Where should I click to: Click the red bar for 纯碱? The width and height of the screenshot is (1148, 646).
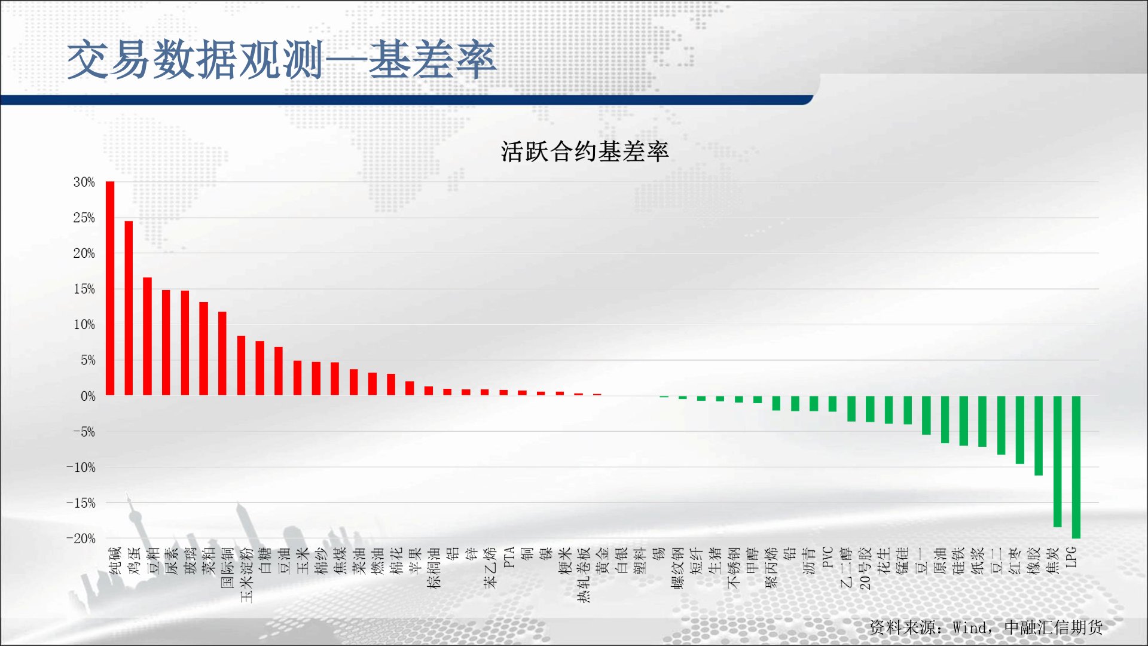coord(110,288)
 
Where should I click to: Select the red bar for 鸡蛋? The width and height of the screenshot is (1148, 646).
coord(129,308)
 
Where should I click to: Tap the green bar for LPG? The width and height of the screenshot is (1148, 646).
coord(1076,467)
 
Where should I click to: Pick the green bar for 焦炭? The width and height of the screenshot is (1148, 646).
coord(1057,461)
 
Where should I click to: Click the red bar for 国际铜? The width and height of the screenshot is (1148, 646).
coord(222,354)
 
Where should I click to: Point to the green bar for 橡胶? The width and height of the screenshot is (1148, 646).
coord(1039,435)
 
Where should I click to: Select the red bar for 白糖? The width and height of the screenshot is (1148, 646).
coord(260,368)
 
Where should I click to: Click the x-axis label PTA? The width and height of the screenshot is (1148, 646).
coord(509,557)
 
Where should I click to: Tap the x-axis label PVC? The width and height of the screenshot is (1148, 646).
coord(828,557)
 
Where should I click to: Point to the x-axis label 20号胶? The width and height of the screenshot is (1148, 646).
coord(865,568)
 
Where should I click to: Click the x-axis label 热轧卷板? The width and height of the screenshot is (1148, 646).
coord(584,575)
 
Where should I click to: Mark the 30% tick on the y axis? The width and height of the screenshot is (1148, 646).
coord(84,182)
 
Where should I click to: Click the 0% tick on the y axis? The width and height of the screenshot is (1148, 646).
coord(88,396)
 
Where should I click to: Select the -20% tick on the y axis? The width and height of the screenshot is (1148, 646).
coord(81,538)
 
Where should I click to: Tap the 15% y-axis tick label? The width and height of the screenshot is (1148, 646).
coord(84,289)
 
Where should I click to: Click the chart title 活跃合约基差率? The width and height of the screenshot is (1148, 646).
coord(585,151)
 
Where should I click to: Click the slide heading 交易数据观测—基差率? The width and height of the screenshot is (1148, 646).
coord(282,59)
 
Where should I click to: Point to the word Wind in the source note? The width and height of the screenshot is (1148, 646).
coord(969,627)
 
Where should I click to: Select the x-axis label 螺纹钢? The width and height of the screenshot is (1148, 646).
coord(678,568)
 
